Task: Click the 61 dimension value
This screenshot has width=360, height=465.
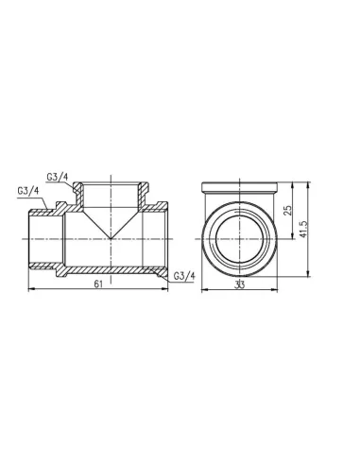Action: coord(98,284)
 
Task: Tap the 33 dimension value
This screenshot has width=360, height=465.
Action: coord(239,284)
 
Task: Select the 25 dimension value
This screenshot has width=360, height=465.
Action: coord(288,210)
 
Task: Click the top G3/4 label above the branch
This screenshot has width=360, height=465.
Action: coord(58,177)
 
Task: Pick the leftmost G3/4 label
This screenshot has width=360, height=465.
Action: coord(27,191)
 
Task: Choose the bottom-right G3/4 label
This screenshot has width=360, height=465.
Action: coord(184,276)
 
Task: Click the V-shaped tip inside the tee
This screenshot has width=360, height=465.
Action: coord(111,238)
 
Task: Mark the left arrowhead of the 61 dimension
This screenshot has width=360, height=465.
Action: coord(30,289)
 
